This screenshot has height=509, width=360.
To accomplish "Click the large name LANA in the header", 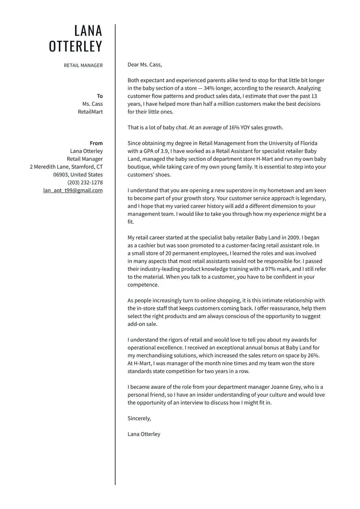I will pos(88,31).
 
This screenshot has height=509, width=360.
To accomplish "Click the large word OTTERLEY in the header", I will pos(76,46).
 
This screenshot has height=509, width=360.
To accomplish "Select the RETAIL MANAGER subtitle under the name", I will pos(84,65).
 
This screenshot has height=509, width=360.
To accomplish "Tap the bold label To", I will pos(100,96).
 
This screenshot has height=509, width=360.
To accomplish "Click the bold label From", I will pos(96,143).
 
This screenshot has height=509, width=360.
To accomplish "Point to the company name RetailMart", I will pos(90,112).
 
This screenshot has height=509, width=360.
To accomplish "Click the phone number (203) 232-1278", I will pos(85,183).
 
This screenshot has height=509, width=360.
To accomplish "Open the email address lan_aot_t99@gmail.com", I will pos(73,190).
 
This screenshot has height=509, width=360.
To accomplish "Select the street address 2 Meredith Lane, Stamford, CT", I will pos(66,167).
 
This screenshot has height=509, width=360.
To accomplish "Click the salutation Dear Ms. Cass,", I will pos(145,65).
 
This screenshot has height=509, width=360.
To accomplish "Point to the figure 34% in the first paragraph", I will pos(210,88).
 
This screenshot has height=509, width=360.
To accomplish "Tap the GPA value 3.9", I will pos(165,151).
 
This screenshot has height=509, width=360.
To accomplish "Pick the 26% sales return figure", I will pos(313,355).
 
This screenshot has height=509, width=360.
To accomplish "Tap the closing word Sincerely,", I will pos(139,419).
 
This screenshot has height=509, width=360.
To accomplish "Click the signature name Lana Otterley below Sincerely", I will pos(144,434).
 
